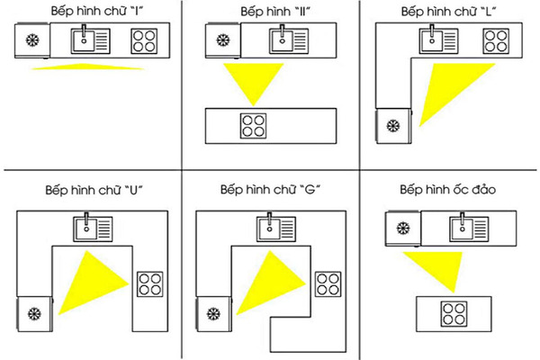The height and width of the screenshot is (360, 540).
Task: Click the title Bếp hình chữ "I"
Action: tap(86, 12)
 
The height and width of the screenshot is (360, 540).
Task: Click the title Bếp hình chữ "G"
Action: tap(271, 191)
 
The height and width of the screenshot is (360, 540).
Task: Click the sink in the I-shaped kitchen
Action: tap(90, 40)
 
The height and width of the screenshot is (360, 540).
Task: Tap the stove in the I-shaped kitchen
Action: tap(143, 40)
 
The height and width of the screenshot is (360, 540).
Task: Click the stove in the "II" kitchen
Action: tap(253, 124)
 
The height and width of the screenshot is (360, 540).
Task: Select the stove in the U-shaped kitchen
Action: tap(148, 283)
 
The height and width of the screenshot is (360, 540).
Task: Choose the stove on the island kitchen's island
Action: tap(454, 314)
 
